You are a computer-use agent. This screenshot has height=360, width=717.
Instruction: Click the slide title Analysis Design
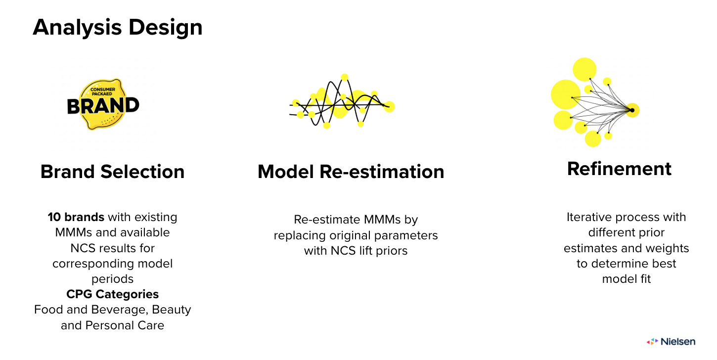118,28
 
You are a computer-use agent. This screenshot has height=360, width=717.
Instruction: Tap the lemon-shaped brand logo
103,105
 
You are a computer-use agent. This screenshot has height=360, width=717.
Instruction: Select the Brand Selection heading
112,172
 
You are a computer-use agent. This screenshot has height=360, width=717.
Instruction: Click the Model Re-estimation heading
351,172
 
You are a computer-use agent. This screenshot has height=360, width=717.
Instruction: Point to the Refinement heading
619,169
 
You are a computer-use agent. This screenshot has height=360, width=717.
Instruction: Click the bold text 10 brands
76,217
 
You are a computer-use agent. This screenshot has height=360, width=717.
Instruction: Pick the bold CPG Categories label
112,294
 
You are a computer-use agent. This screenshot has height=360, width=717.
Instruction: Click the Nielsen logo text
678,342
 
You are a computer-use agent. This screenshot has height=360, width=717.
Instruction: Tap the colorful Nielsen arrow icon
652,342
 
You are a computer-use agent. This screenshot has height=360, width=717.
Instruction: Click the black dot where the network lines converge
632,110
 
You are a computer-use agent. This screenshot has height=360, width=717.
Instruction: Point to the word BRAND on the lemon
103,106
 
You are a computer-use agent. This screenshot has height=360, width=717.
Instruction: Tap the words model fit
627,279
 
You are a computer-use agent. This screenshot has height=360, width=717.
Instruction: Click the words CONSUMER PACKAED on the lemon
102,91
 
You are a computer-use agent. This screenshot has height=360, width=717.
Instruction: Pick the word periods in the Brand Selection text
112,279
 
